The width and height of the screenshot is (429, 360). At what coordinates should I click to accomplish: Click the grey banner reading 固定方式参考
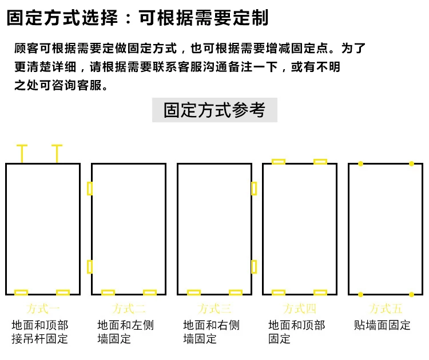point(214,110)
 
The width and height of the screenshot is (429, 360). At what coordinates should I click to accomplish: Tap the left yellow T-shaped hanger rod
point(22,153)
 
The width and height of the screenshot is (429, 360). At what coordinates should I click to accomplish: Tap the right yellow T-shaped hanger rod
point(57,153)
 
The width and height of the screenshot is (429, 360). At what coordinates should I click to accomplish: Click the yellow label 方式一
point(43,309)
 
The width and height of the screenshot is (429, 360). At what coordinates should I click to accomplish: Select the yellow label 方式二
point(129,309)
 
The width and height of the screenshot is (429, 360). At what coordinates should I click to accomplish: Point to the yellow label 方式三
point(214,309)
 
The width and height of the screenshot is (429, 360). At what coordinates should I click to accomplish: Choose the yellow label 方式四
point(300,309)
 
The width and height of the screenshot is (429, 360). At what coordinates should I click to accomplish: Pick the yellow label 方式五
point(386,309)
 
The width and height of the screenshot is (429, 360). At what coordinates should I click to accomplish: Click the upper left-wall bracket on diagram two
point(90,188)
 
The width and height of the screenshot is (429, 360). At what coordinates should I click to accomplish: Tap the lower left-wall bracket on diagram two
point(90,266)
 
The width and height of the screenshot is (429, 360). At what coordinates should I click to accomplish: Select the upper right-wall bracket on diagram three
point(254,188)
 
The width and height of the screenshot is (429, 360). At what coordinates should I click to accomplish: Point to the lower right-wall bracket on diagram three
point(254,266)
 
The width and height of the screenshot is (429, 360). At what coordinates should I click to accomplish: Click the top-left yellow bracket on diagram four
point(279,162)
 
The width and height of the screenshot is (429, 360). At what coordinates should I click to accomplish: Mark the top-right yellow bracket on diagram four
point(320,162)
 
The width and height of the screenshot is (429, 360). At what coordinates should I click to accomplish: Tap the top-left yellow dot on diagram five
point(360,164)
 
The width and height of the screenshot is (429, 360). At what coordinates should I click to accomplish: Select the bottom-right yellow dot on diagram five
point(411,295)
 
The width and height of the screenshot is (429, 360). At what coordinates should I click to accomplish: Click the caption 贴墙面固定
point(382,325)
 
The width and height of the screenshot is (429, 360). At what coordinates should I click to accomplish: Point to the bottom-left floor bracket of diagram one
point(21,293)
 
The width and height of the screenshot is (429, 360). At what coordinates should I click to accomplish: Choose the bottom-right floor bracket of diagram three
point(236,293)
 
